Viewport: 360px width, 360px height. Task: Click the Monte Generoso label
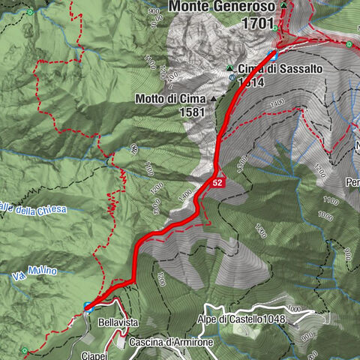[x=222, y=7]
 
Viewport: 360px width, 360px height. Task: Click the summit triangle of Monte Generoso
[x=284, y=7]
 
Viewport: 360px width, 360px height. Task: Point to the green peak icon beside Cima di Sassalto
[x=231, y=69]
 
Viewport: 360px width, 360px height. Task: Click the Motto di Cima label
[x=172, y=98]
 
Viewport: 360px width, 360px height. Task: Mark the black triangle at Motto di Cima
[x=213, y=98]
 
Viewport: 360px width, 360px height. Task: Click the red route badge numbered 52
[x=217, y=182]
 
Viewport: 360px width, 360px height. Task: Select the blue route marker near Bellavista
[x=88, y=306]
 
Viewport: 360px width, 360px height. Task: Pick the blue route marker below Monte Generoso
[x=273, y=55]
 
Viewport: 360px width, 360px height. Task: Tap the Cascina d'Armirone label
[x=171, y=342]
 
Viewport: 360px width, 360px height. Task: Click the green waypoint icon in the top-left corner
[x=29, y=13]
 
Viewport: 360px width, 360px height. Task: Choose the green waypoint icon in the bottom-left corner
[x=26, y=349]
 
